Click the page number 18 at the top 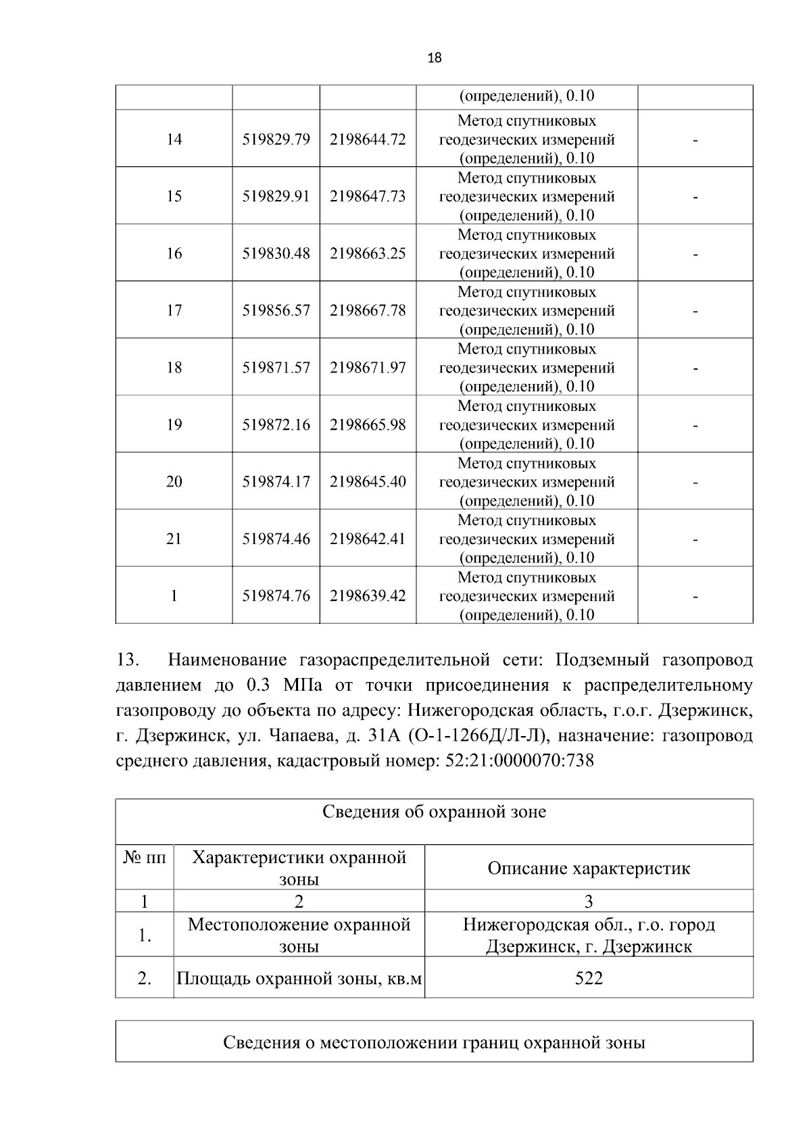tap(435, 58)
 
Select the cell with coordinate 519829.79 tap(276, 139)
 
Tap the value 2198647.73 tap(368, 196)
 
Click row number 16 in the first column tap(174, 253)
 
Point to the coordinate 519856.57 tap(276, 310)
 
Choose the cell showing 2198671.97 tap(368, 368)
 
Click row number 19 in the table tap(174, 424)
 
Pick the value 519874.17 tap(276, 482)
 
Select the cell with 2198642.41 tap(368, 539)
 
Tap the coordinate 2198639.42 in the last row tap(368, 596)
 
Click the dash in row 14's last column tap(695, 140)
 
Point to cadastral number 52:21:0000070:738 tap(520, 760)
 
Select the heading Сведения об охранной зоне tap(434, 812)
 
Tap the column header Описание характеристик tap(589, 869)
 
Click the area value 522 tap(589, 977)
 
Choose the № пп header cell tap(145, 858)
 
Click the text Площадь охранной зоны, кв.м tap(299, 978)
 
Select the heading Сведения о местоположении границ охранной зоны tap(434, 1042)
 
